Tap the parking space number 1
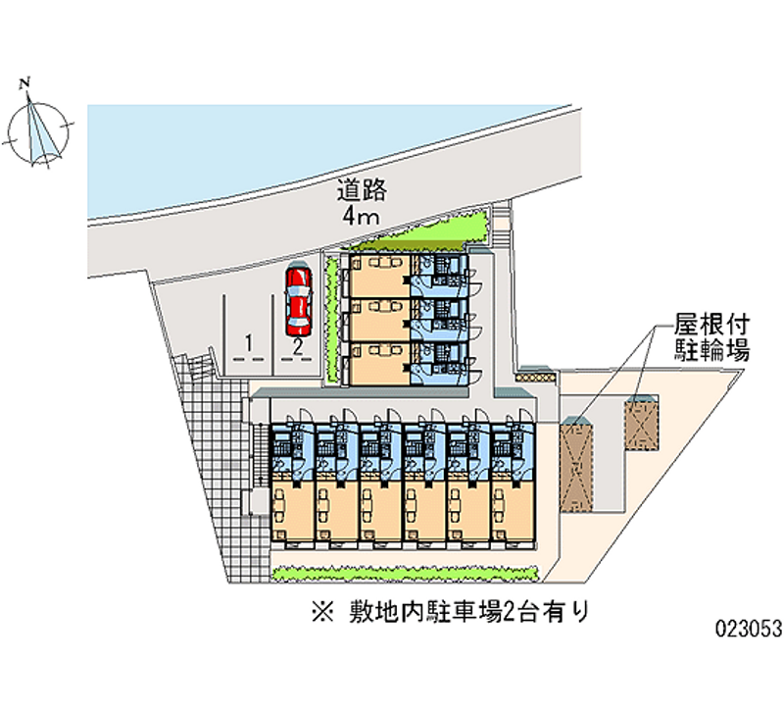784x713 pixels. [251, 343]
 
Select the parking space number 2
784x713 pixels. [296, 343]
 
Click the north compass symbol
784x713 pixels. [39, 127]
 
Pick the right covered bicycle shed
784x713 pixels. [642, 422]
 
